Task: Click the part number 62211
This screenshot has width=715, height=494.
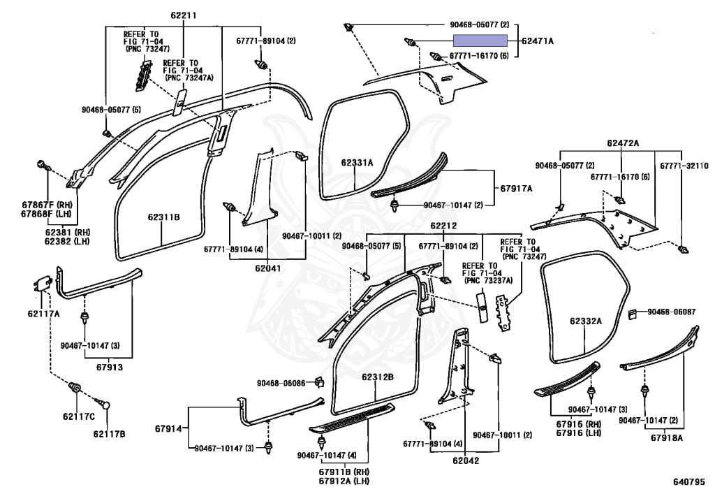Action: click(184, 15)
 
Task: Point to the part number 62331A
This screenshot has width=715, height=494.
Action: click(357, 163)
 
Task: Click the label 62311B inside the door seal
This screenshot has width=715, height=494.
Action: click(163, 217)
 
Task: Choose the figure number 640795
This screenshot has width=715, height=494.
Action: click(688, 481)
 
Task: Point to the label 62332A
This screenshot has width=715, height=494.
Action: click(584, 321)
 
